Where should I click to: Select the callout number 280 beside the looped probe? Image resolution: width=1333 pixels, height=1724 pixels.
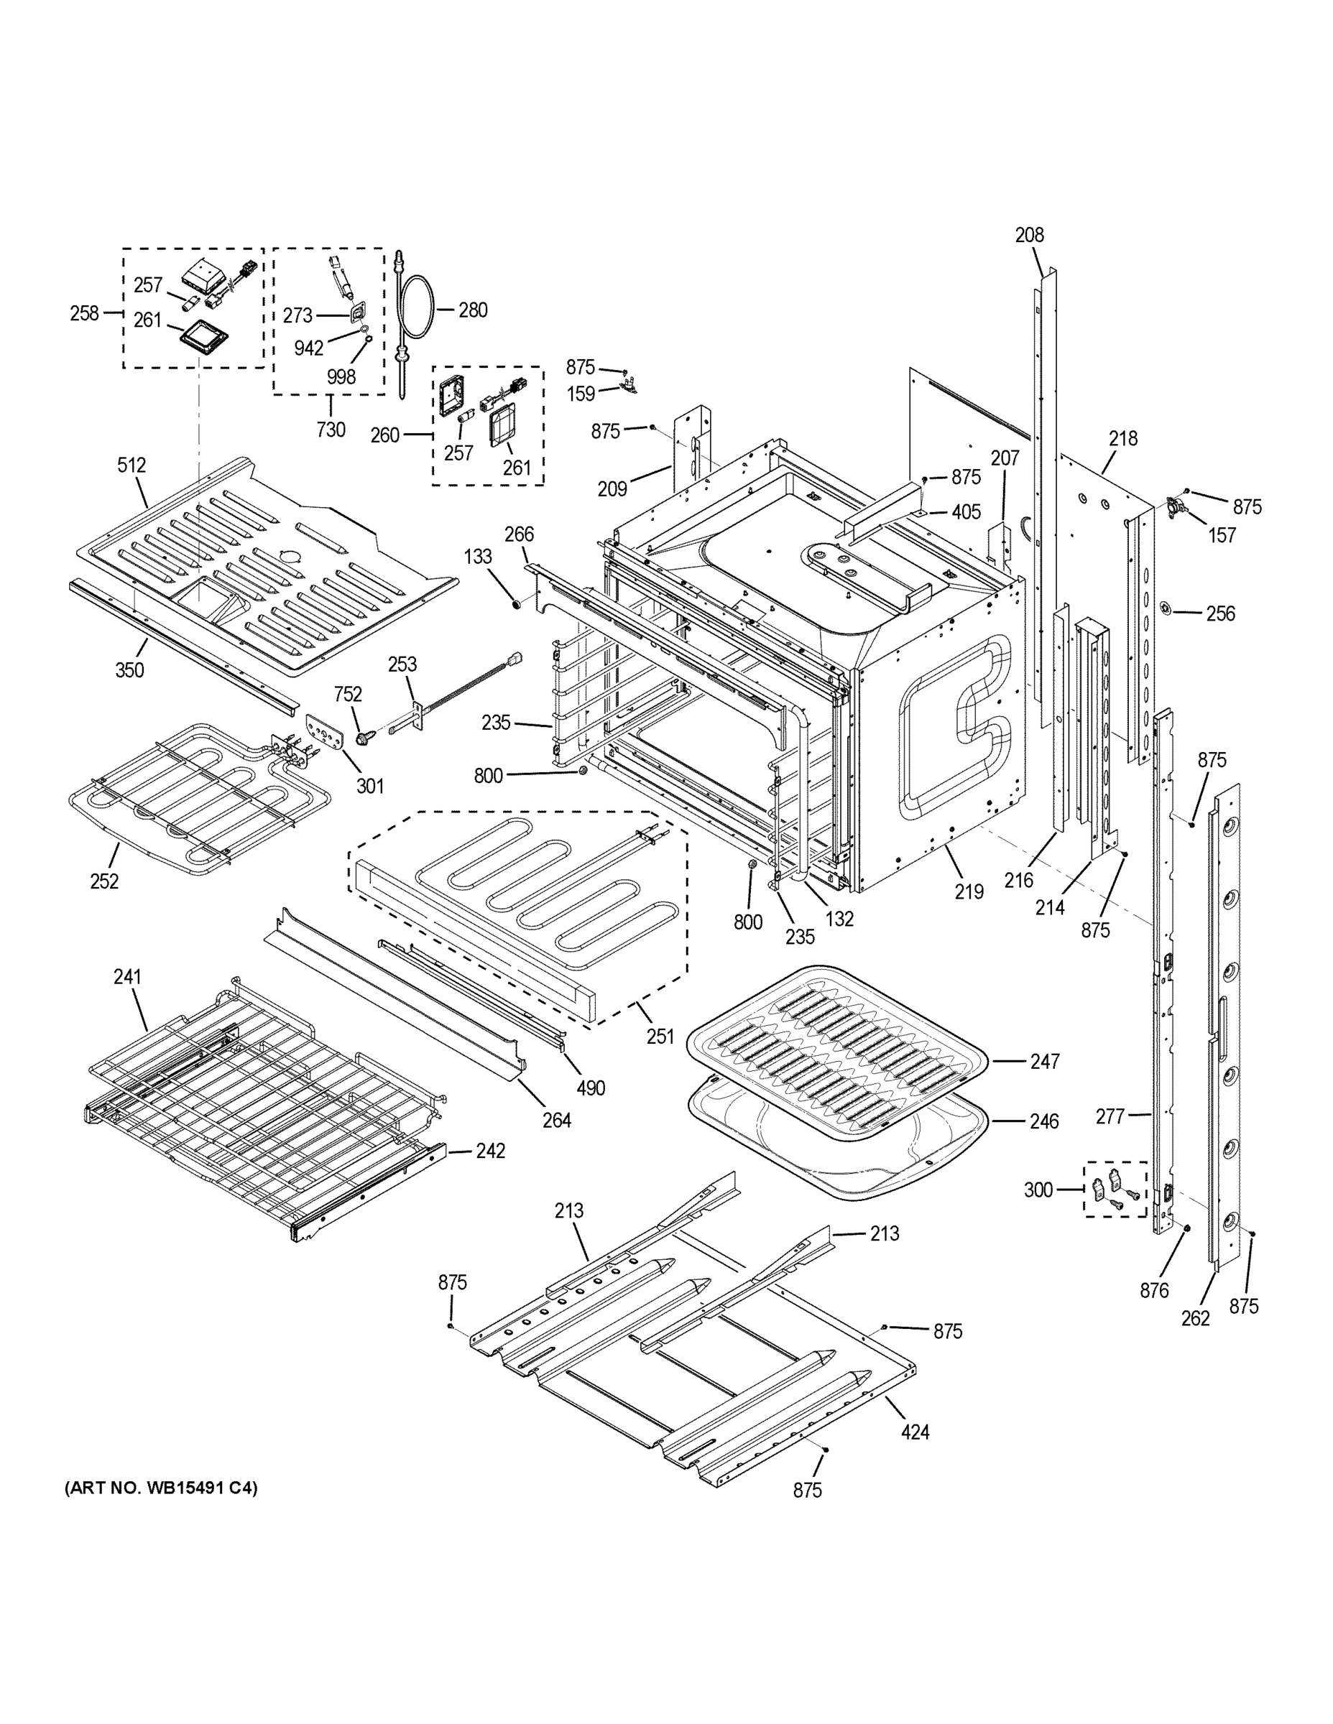point(472,310)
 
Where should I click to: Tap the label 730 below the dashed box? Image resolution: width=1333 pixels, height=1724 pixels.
point(330,430)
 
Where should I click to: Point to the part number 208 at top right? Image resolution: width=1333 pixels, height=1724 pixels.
point(1029,234)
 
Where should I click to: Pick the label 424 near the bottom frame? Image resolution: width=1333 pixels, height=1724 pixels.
point(915,1431)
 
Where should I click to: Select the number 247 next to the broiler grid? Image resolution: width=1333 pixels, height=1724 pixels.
point(1044,1062)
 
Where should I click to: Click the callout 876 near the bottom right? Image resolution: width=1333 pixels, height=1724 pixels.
point(1154,1291)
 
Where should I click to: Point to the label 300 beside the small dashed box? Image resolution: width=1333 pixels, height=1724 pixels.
point(1038,1190)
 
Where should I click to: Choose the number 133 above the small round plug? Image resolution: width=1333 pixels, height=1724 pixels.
point(478,557)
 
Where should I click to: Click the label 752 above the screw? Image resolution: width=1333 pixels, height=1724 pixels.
point(348,694)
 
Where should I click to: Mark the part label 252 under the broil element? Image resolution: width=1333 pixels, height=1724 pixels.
point(104,881)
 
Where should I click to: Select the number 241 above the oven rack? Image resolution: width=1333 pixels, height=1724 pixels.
point(127,976)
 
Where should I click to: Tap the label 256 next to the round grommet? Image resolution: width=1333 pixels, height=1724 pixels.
point(1220,613)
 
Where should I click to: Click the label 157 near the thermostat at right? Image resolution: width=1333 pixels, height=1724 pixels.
point(1222,535)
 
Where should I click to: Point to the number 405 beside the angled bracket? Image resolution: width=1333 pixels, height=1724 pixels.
point(966,512)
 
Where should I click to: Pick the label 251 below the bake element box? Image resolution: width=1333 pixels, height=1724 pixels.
point(660,1036)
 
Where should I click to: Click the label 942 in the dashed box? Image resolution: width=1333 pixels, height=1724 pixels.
point(309,348)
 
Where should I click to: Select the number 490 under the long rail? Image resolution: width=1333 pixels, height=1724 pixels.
point(590,1088)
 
